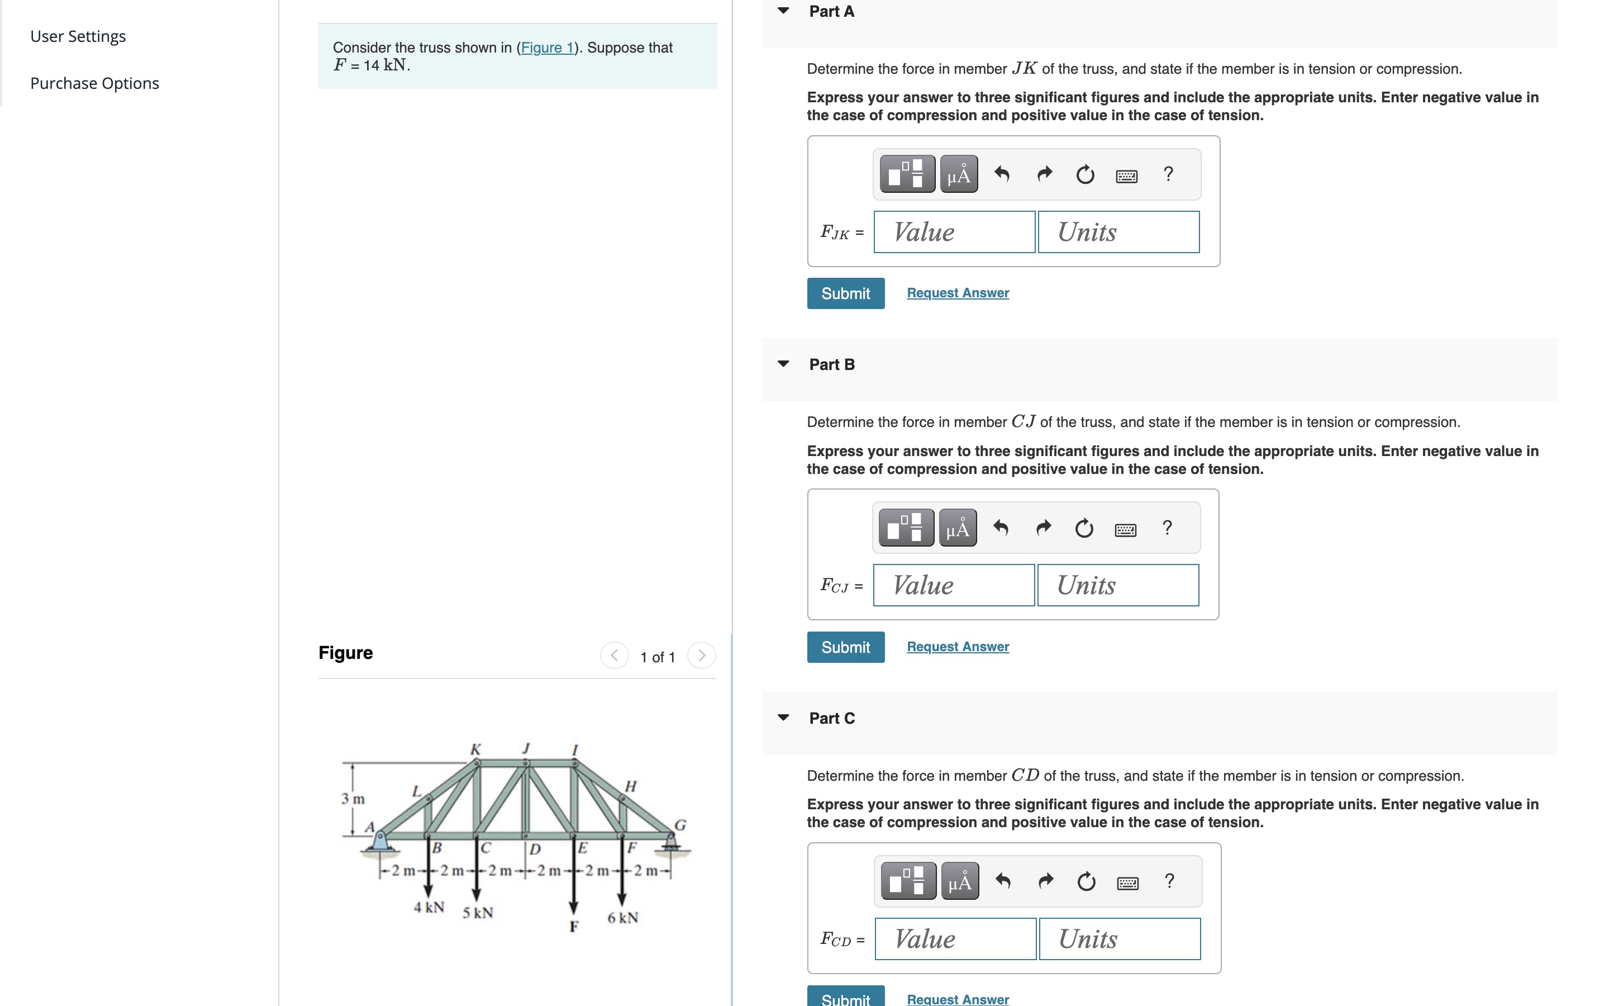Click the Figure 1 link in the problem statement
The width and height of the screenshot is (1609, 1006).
(546, 48)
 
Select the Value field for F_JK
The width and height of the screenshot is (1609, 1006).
(954, 232)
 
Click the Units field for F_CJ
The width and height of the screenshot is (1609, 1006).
(1118, 586)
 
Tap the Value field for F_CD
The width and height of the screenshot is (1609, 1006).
(955, 939)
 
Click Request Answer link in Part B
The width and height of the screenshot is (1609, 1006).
(958, 647)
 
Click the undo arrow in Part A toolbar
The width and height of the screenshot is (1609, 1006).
(1002, 174)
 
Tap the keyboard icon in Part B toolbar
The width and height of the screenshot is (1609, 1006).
(1125, 530)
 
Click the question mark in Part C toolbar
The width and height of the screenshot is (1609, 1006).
(1169, 881)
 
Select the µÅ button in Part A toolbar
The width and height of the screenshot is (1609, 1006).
(959, 174)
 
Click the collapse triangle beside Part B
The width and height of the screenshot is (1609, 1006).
(783, 364)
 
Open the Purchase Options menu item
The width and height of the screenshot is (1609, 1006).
(94, 83)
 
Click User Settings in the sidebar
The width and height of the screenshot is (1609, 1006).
(78, 36)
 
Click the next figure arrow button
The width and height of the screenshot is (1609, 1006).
(702, 656)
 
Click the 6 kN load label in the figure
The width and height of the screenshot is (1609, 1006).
(622, 918)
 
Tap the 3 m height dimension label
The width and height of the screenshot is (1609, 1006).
(353, 799)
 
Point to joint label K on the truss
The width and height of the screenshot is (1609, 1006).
(475, 749)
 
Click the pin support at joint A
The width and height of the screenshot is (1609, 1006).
(380, 841)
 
